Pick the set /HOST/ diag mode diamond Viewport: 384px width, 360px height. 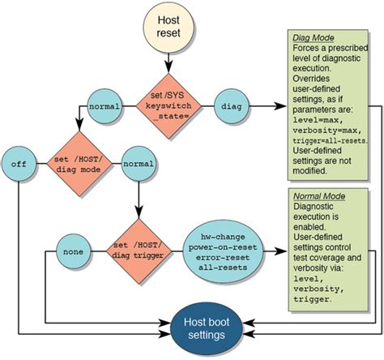pyautogui.click(x=79, y=164)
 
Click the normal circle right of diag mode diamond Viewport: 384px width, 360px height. pyautogui.click(x=139, y=163)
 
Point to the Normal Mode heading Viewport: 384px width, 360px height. pyautogui.click(x=315, y=195)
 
